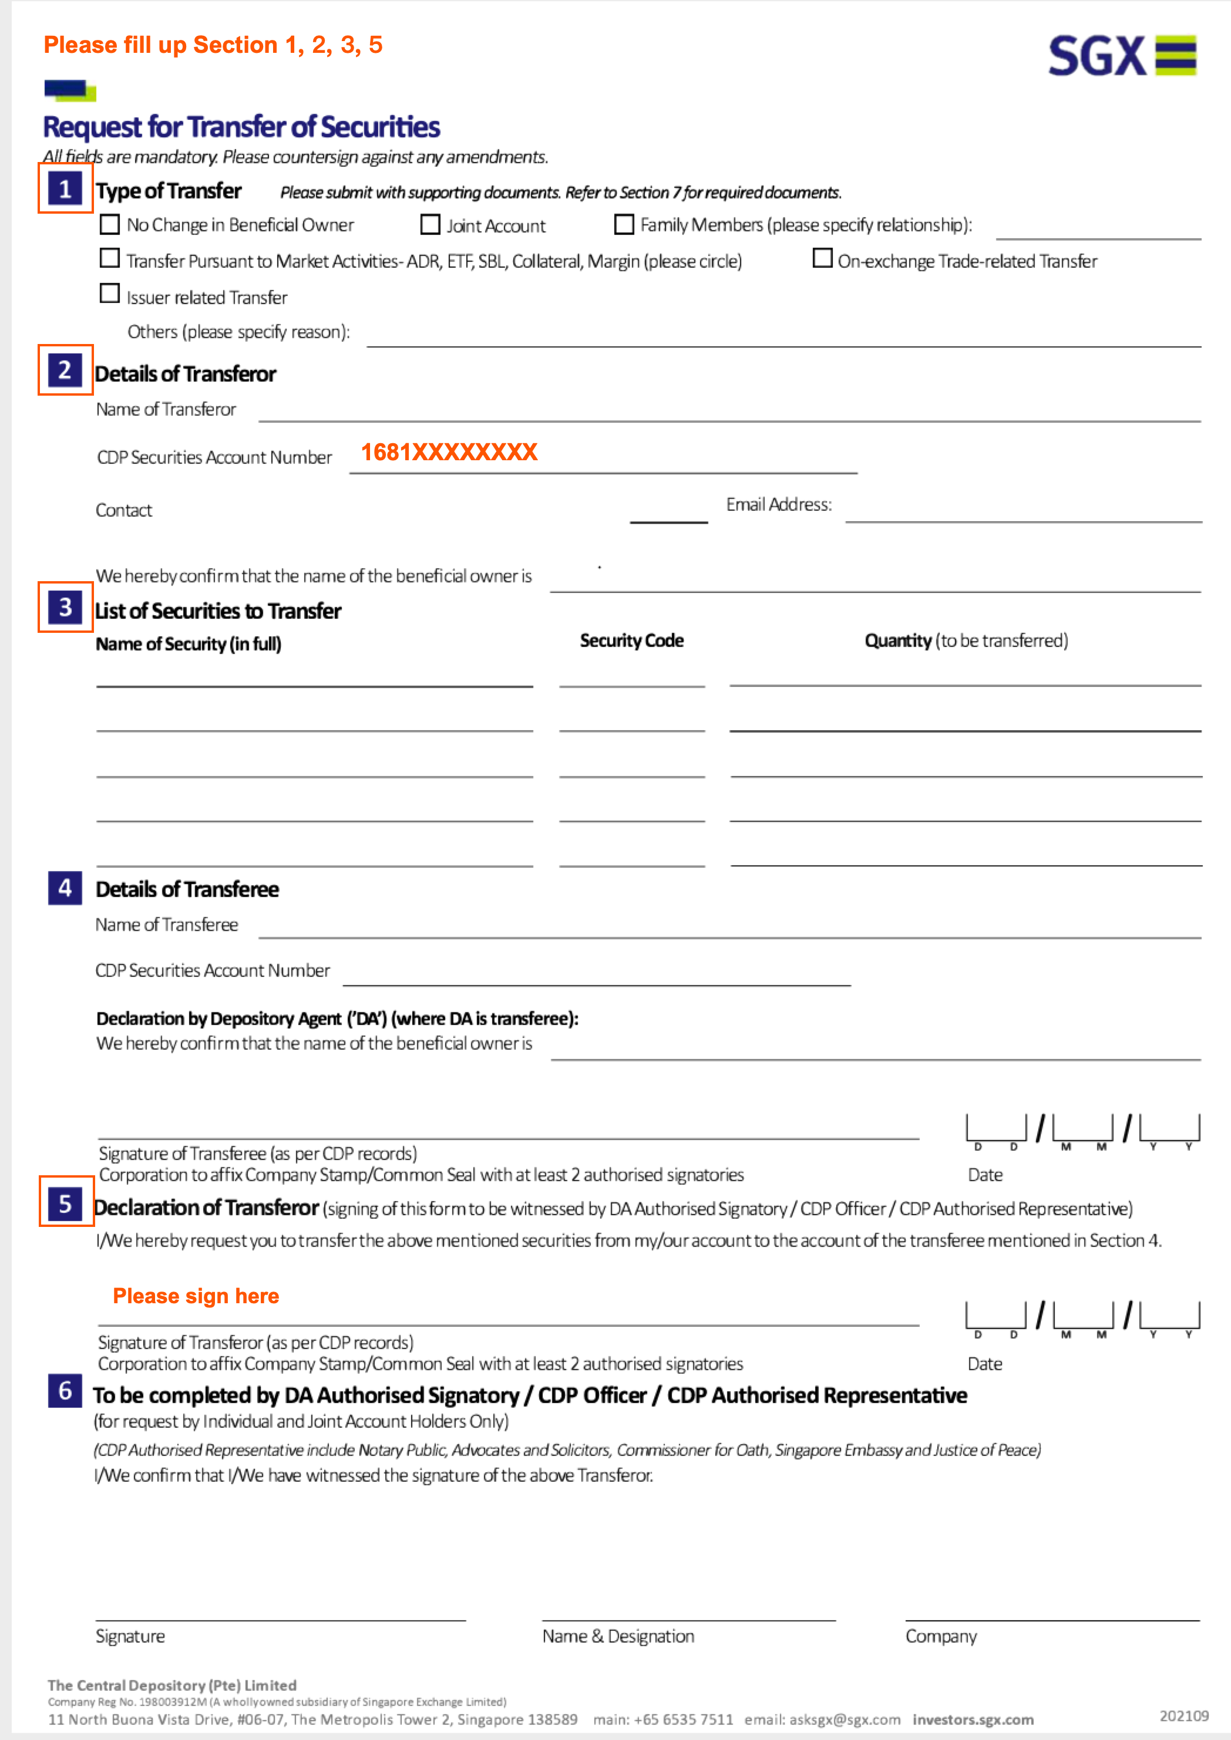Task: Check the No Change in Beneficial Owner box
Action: point(110,224)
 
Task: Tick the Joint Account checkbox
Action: point(430,224)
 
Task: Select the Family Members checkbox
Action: point(624,224)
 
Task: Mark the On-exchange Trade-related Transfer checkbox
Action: point(822,258)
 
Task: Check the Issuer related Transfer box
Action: point(110,294)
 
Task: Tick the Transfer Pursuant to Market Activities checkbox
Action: point(110,258)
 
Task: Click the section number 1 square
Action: point(65,188)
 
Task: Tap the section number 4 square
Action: point(65,888)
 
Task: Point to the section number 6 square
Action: point(65,1391)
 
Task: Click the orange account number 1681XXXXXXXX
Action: point(449,453)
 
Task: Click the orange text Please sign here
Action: point(196,1296)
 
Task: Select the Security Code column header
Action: point(631,641)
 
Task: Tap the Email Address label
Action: point(778,505)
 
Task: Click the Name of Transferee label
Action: point(167,925)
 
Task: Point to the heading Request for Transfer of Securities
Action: point(241,127)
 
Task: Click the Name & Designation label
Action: point(618,1636)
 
